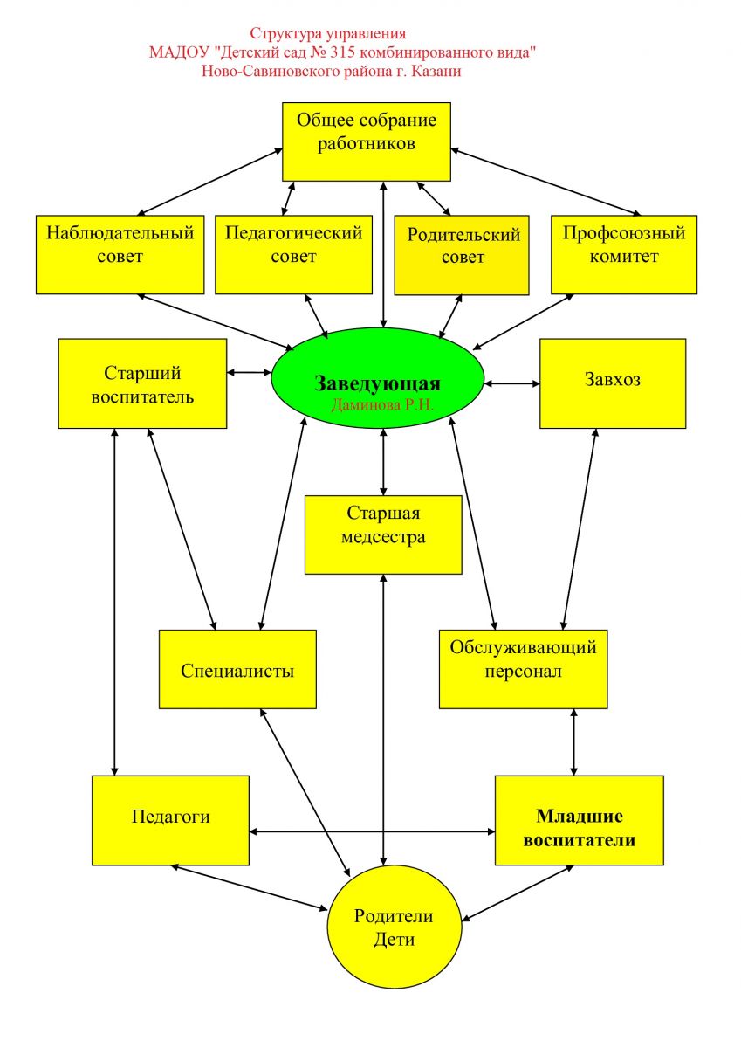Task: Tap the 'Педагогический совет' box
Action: tap(293, 254)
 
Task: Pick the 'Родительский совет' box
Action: tap(462, 254)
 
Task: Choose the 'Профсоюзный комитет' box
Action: tap(623, 254)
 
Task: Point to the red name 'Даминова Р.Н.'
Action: tap(382, 405)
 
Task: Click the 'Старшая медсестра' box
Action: tap(383, 534)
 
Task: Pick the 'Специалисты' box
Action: tap(237, 670)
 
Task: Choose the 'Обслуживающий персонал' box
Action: tap(523, 669)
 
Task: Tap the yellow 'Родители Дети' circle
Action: tap(395, 927)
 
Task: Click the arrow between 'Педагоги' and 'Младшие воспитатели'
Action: tap(372, 831)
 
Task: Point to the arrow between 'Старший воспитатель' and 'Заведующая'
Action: tap(250, 372)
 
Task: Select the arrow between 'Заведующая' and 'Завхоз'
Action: tap(512, 383)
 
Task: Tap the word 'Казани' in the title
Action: tap(437, 71)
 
